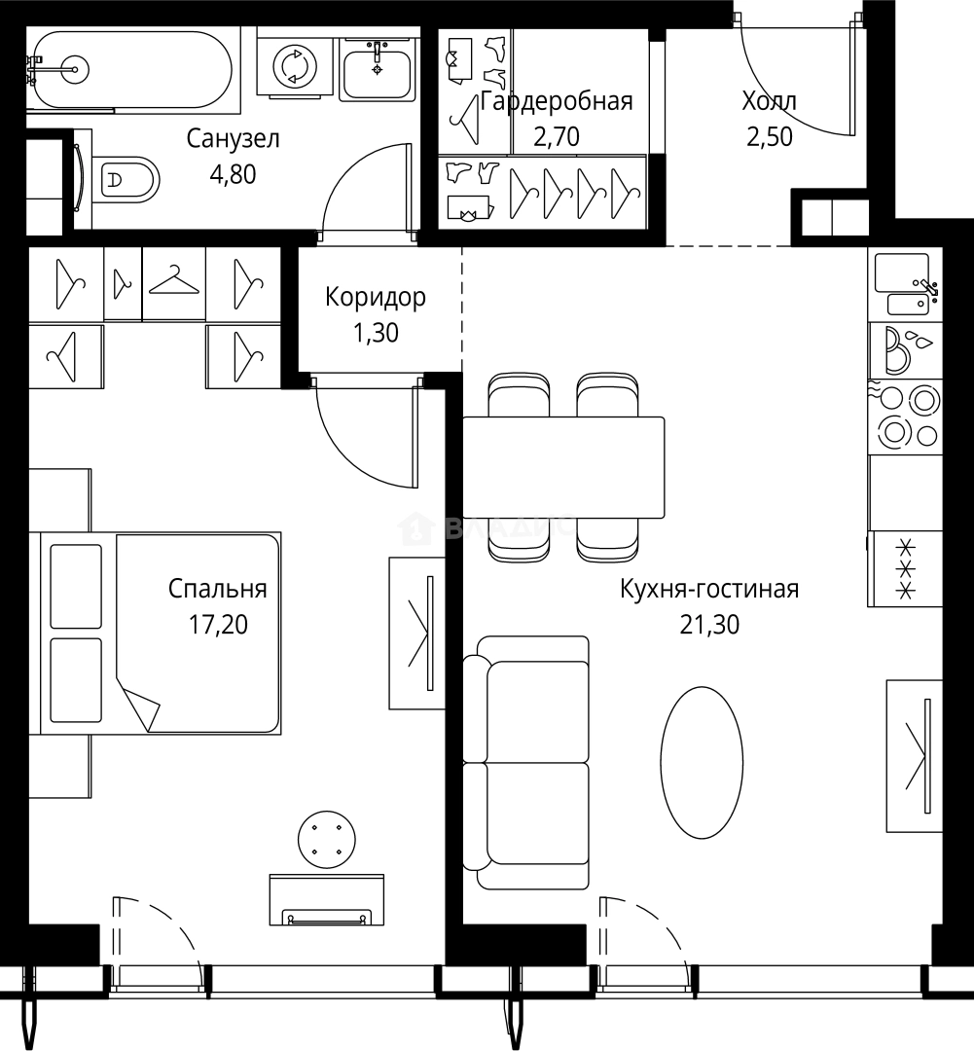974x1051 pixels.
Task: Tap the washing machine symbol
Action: coord(294,65)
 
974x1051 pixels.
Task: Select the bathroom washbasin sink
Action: coord(376,68)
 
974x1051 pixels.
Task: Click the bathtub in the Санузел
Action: coord(130,68)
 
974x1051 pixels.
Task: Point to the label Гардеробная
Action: coord(557,101)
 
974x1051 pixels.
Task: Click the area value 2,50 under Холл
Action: coord(770,137)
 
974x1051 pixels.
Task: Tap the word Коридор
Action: coord(376,297)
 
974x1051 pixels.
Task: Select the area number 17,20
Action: coord(218,625)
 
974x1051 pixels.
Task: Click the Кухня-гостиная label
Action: coord(709,589)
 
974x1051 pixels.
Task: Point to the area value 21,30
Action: coord(709,625)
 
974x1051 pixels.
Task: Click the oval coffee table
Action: coord(702,762)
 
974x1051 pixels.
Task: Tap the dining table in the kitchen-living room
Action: coord(563,467)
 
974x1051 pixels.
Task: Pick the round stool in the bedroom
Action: coord(327,839)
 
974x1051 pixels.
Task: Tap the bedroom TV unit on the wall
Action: coord(417,633)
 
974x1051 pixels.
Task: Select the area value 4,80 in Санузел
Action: coord(233,174)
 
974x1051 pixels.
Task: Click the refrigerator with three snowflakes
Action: coord(906,569)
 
